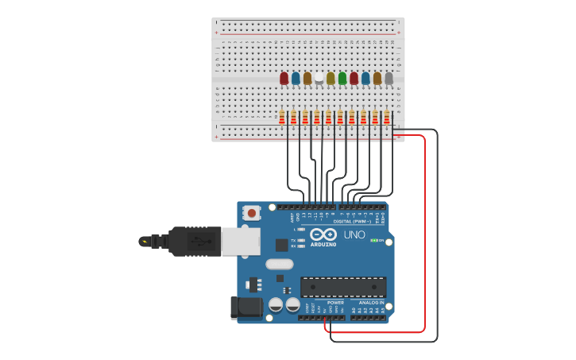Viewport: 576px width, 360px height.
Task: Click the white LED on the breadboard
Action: pyautogui.click(x=319, y=77)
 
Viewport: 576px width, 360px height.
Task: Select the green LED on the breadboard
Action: pyautogui.click(x=342, y=78)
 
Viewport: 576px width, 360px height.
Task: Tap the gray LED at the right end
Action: pyautogui.click(x=389, y=78)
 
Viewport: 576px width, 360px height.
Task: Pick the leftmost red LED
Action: pyautogui.click(x=284, y=78)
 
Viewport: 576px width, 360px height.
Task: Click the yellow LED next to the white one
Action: pyautogui.click(x=331, y=78)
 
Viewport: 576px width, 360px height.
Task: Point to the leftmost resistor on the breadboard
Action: pyautogui.click(x=282, y=118)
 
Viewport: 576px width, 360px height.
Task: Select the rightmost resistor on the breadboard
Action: pyautogui.click(x=387, y=118)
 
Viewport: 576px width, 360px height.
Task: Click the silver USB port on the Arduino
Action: pyautogui.click(x=241, y=242)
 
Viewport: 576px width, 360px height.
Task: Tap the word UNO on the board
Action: pyautogui.click(x=354, y=234)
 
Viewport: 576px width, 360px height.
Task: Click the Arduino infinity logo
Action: pyautogui.click(x=323, y=234)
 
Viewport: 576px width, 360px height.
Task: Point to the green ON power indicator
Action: pyautogui.click(x=374, y=240)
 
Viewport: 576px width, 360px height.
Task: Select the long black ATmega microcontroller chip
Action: pyautogui.click(x=343, y=287)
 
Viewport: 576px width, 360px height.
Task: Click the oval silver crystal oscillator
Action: pyautogui.click(x=279, y=264)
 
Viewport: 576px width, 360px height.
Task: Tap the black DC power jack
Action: pyautogui.click(x=245, y=308)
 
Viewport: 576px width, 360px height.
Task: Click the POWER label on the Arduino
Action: pyautogui.click(x=335, y=302)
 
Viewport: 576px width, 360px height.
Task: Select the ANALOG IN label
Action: pyautogui.click(x=371, y=302)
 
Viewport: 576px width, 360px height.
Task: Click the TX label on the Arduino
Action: pyautogui.click(x=293, y=239)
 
